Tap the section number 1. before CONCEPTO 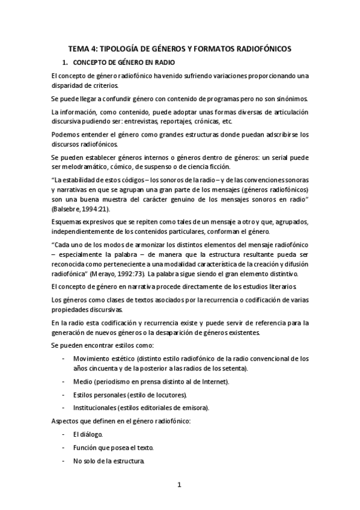(x=66, y=63)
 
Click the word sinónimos (x=291, y=99)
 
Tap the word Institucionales (x=94, y=408)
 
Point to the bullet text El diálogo (x=87, y=434)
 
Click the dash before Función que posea (x=64, y=448)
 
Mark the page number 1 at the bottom (x=179, y=484)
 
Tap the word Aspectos (x=67, y=421)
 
